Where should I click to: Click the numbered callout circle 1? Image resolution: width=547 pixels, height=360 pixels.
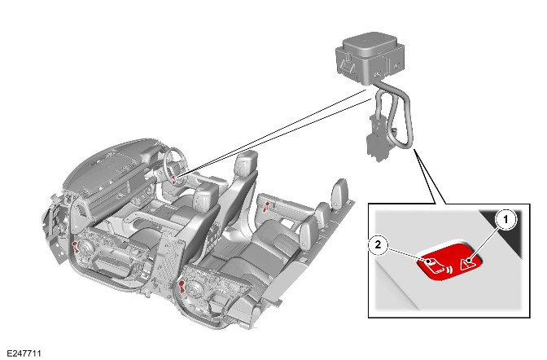coord(505,219)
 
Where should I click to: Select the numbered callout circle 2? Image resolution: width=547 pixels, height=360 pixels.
coord(379,245)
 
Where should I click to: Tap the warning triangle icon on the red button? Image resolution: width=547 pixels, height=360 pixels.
coord(466,265)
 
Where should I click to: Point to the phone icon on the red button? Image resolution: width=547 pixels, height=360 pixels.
coord(433,266)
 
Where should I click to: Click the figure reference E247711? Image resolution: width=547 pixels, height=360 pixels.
coord(24,353)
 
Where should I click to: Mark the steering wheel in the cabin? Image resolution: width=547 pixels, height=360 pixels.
coord(176,164)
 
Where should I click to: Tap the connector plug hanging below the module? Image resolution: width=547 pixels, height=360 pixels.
coord(376,140)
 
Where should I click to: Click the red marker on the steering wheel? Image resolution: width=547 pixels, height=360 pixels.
coord(174,179)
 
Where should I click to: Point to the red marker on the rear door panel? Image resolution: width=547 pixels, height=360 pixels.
coord(266,206)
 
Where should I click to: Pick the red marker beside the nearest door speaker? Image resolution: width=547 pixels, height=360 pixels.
coord(181,287)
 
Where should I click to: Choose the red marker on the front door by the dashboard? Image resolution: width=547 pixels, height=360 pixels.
coord(76,247)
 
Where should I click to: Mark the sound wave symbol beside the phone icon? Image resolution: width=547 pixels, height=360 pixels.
coord(449,270)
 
